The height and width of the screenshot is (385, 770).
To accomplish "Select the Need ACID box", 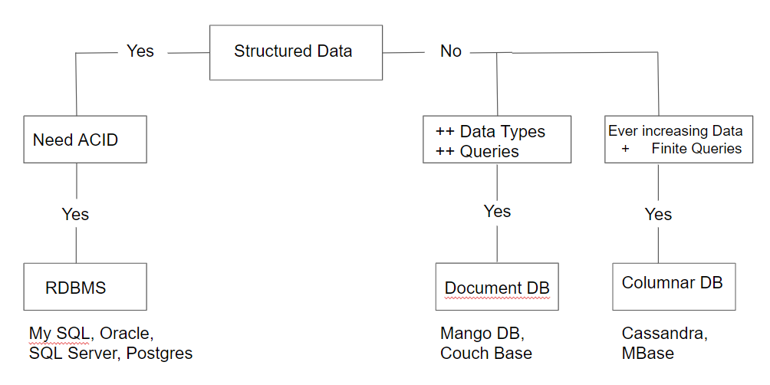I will pos(84,140).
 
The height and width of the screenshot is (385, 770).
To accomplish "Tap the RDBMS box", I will pos(84,288).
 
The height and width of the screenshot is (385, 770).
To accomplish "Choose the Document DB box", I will pos(497,288).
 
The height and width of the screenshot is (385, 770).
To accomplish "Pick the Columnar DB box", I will pos(673,283).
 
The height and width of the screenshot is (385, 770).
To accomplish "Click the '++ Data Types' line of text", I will pos(490,132).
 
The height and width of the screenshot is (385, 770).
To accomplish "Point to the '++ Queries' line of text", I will pos(476,152).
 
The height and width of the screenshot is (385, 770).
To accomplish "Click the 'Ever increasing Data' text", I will pos(675,131).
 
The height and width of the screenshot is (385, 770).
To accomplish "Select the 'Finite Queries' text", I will pos(696,149).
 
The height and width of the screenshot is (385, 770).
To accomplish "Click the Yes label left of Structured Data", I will pos(140,51).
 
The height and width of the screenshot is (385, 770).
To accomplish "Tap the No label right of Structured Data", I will pos(451,51).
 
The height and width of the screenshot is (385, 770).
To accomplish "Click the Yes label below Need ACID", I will pos(75,214).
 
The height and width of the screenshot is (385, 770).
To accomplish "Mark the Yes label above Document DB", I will pos(497,212).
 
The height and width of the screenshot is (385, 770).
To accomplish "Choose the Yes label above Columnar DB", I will pos(658,214).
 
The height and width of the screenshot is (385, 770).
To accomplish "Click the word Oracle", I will pos(127,334).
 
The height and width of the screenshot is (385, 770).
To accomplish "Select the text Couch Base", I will pos(486,353).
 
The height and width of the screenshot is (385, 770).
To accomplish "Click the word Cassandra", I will pos(664,334).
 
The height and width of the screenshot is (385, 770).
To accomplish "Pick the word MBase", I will pos(648,353).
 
